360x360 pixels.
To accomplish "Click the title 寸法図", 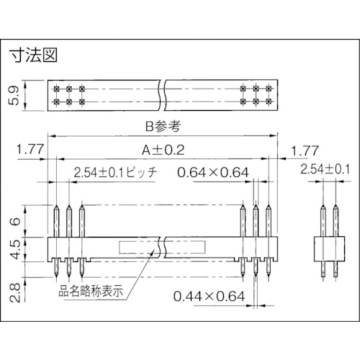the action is (x=33, y=55).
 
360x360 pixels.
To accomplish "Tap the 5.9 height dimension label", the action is (x=14, y=96).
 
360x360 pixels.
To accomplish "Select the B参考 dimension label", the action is (x=163, y=126).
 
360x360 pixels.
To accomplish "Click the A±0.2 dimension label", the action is (x=163, y=150).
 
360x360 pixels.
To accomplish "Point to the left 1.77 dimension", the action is (x=30, y=149).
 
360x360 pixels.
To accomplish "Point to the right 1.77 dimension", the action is (x=305, y=150).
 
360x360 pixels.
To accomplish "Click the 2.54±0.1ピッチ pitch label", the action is (x=115, y=172).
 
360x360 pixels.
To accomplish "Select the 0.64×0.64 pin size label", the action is (x=213, y=172).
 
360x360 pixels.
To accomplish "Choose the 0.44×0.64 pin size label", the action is (x=209, y=296).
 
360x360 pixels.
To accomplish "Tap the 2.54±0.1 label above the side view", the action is (x=325, y=169).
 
